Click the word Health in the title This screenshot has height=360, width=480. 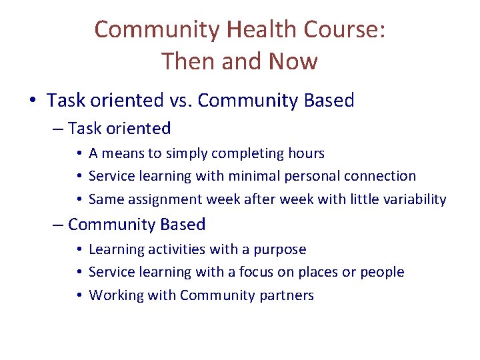[260, 30]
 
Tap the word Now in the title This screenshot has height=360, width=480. [293, 61]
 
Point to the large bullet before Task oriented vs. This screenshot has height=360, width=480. [33, 101]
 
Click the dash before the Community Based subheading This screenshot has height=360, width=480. [59, 225]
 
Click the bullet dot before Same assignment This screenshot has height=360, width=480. [79, 199]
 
